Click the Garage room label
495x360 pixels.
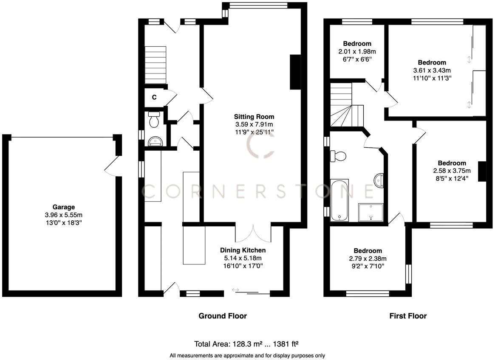64,207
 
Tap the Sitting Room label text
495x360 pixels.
254,117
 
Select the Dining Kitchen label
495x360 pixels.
243,250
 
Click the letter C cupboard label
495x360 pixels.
154,97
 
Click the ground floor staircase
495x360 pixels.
155,65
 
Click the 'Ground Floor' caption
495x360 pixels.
223,316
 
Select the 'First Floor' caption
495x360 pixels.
408,316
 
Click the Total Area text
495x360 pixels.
248,344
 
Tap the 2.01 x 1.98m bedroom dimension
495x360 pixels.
357,51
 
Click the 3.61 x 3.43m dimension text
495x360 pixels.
432,70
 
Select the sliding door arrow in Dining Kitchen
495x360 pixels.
236,290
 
